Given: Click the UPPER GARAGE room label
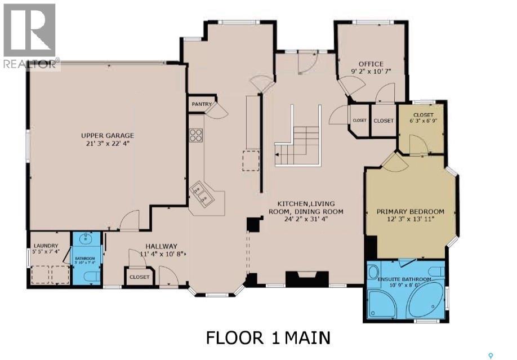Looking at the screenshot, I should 107,135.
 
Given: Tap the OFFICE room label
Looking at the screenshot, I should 371,64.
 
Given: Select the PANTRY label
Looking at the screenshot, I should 201,104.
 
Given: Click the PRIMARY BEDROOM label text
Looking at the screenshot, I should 410,212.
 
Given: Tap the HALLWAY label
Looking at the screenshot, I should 161,246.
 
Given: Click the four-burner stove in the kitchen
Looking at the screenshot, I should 196,135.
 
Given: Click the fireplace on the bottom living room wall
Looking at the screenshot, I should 307,279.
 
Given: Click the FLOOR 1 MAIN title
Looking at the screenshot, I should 268,338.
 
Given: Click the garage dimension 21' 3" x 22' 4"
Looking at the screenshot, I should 107,143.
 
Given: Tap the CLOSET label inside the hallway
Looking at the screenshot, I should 140,277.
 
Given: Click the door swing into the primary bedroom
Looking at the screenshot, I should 394,162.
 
